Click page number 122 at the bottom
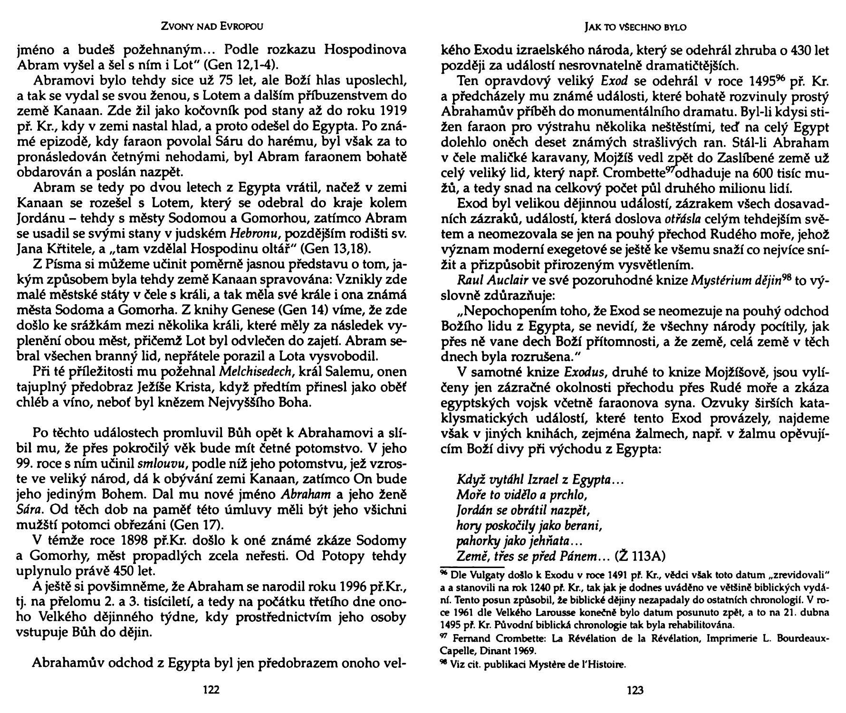pyautogui.click(x=211, y=690)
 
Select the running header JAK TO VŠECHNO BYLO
pyautogui.click(x=635, y=28)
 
